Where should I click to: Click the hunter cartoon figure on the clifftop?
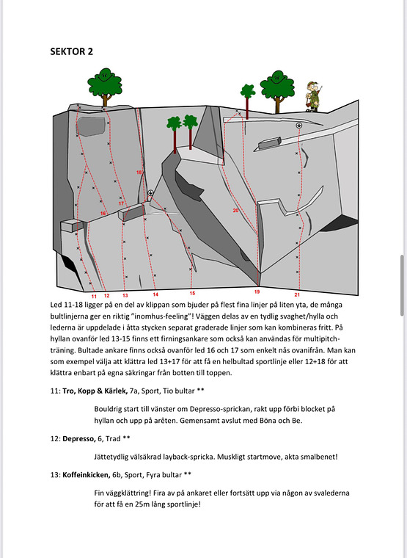(313, 95)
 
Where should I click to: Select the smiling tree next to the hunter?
(277, 87)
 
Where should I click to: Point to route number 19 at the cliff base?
(257, 292)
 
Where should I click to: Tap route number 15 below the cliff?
(192, 293)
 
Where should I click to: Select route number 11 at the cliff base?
(93, 295)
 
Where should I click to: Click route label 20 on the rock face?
(235, 211)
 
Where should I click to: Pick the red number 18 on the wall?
(139, 173)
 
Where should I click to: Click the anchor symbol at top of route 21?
(298, 126)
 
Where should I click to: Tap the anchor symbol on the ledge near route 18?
(150, 193)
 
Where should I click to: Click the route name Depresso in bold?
(83, 438)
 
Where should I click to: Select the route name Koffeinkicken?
(92, 474)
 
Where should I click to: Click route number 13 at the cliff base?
(125, 295)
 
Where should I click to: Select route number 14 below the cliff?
(155, 294)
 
